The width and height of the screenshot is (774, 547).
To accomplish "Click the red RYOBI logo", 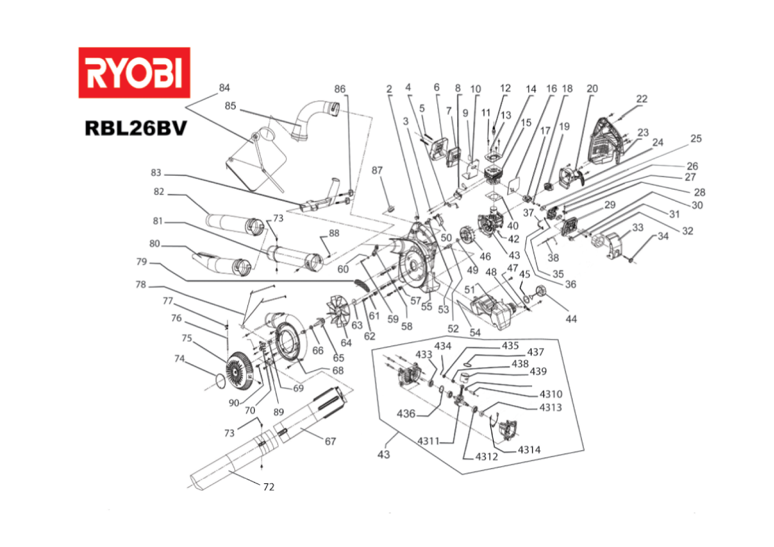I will click(134, 73).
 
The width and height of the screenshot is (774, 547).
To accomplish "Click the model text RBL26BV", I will click(135, 128).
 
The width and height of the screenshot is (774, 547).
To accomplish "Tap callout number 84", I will click(224, 88).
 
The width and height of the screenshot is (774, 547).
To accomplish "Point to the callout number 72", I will click(268, 487).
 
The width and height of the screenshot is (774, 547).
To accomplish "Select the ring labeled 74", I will click(219, 380).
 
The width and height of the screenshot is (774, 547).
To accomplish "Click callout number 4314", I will click(529, 450).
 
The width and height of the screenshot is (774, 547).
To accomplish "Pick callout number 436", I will click(406, 413).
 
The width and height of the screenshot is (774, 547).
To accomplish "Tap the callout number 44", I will click(571, 319).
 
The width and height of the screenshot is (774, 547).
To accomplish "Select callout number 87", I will click(377, 170).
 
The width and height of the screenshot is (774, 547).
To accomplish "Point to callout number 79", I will click(141, 262).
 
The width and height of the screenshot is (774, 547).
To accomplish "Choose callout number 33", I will click(638, 228).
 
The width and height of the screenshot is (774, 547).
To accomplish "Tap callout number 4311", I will click(428, 441).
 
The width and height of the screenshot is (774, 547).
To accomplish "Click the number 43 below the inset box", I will click(383, 455).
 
